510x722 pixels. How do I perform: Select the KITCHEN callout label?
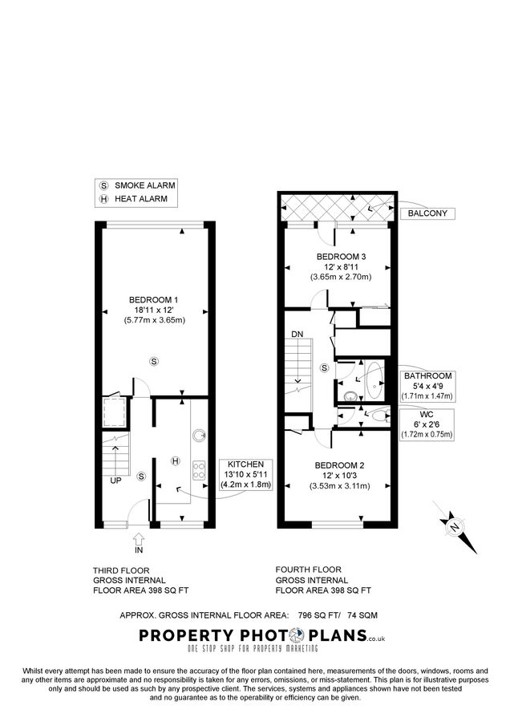coord(251,478)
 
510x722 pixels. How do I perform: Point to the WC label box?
coord(427,424)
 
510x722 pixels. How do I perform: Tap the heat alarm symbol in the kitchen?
coord(175,460)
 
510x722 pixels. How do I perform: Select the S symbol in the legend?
coord(103,185)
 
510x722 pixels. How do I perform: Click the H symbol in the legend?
coord(103,199)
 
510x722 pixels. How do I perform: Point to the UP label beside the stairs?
coord(116,481)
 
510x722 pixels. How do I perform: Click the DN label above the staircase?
coord(297,335)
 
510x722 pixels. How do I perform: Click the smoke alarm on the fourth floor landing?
coord(324,368)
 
